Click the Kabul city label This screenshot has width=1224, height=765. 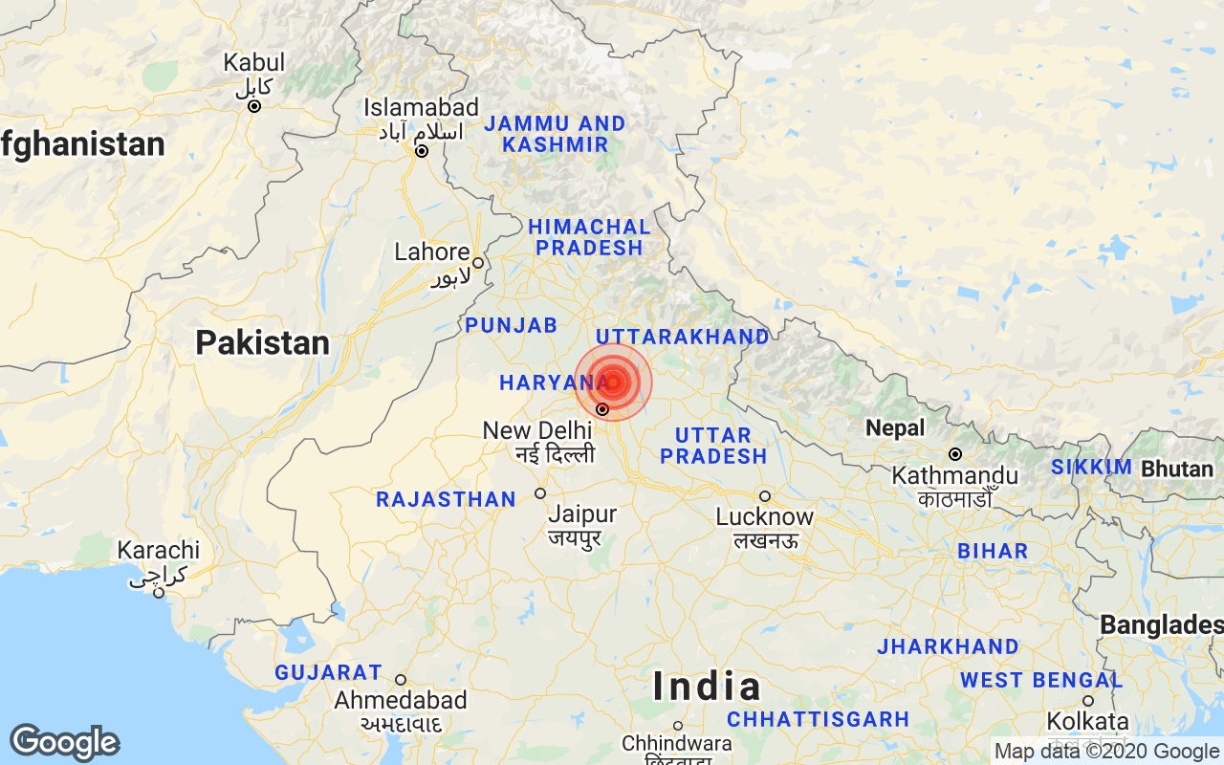pyautogui.click(x=254, y=63)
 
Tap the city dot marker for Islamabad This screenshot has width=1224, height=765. pyautogui.click(x=421, y=151)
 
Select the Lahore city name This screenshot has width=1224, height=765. pyautogui.click(x=432, y=252)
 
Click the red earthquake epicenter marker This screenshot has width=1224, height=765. pyautogui.click(x=613, y=382)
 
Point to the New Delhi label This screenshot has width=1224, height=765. pyautogui.click(x=537, y=430)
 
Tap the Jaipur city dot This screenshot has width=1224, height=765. pyautogui.click(x=540, y=493)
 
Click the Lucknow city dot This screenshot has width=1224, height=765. pyautogui.click(x=765, y=496)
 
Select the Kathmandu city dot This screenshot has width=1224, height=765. pyautogui.click(x=954, y=454)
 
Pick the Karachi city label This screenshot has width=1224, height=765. pyautogui.click(x=159, y=551)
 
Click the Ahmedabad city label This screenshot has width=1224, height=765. pyautogui.click(x=401, y=700)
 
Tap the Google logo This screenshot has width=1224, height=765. pyautogui.click(x=64, y=742)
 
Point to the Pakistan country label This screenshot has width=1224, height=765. pyautogui.click(x=263, y=342)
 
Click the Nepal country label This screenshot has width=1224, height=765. pyautogui.click(x=896, y=428)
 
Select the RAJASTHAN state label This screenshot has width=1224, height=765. pyautogui.click(x=446, y=499)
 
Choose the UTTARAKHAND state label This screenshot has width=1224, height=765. pyautogui.click(x=683, y=337)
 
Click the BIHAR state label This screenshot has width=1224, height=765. pyautogui.click(x=993, y=551)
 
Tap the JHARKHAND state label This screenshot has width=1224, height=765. pyautogui.click(x=949, y=646)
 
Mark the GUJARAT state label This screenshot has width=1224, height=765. pyautogui.click(x=328, y=673)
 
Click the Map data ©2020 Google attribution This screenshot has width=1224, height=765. pyautogui.click(x=1106, y=752)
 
